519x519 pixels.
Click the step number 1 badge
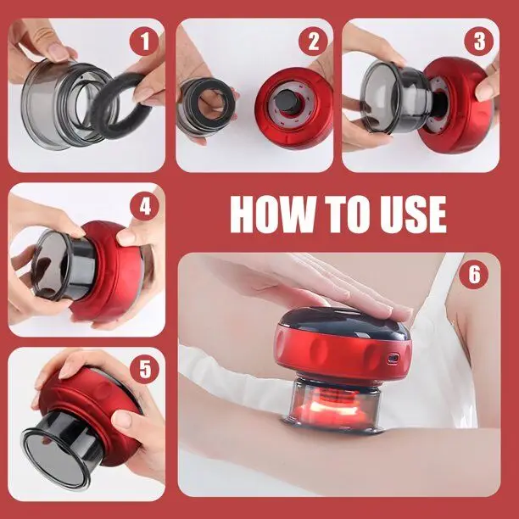click(144, 41)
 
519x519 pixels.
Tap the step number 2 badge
click(313, 41)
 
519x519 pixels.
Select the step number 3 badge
click(479, 41)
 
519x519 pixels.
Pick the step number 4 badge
click(145, 207)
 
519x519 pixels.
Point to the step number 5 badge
click(145, 369)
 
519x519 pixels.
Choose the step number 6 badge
click(474, 274)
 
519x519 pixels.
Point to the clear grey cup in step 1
click(63, 103)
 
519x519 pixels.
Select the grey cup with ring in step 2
click(205, 106)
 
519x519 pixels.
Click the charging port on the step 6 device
click(393, 358)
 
